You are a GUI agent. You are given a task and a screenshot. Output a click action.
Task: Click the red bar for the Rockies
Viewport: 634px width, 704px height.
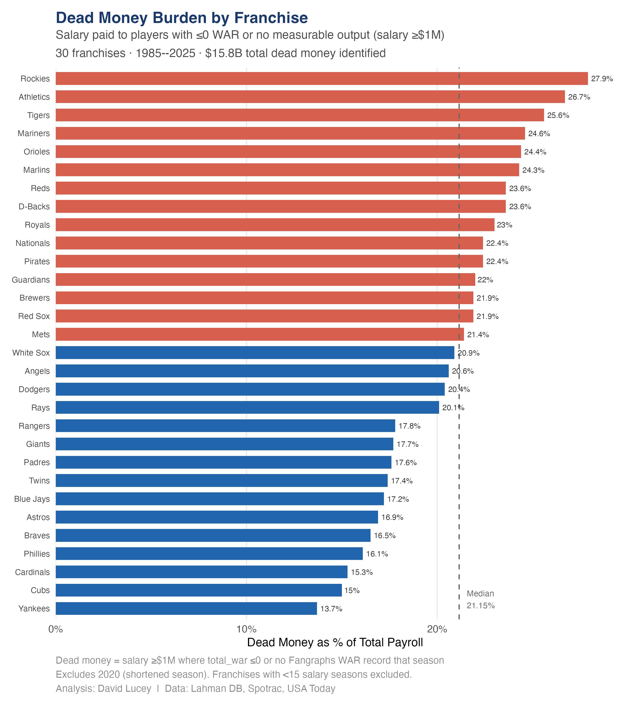321,79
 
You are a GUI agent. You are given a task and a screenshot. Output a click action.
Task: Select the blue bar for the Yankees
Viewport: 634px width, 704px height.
186,608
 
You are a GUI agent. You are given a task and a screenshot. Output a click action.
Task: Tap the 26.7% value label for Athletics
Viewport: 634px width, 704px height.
579,97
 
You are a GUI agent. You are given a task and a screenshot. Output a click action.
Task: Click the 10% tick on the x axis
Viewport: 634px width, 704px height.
246,629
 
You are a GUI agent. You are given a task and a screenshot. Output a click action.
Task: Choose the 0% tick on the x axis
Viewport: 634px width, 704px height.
56,629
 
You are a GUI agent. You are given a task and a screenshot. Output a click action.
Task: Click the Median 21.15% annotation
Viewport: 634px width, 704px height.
480,600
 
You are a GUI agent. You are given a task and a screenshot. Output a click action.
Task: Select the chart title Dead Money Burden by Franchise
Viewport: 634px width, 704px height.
182,18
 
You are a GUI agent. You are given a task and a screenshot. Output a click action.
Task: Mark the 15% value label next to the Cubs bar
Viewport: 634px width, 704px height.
352,590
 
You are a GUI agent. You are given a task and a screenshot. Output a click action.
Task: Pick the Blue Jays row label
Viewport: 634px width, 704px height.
32,499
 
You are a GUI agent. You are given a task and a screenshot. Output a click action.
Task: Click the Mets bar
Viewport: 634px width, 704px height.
259,334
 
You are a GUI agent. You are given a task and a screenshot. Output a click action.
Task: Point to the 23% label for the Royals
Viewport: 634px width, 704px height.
504,225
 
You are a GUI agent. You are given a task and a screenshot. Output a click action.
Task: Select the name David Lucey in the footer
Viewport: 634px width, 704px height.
124,689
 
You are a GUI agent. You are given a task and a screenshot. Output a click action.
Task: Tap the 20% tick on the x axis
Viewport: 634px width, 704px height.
437,629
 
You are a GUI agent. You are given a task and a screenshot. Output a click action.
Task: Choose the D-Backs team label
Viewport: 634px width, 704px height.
34,207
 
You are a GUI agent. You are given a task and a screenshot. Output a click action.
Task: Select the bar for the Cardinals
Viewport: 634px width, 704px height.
201,572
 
